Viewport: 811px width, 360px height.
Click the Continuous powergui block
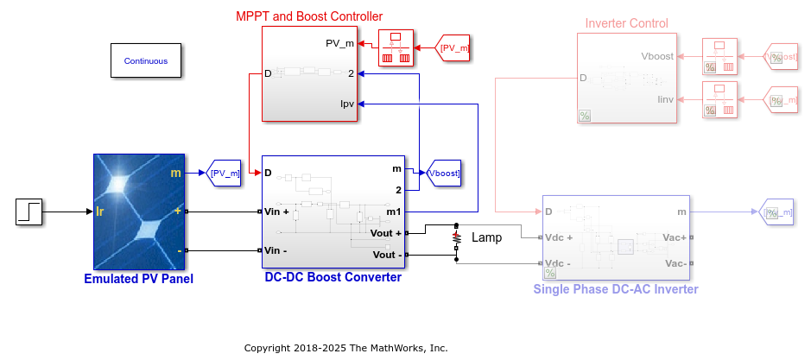pyautogui.click(x=145, y=61)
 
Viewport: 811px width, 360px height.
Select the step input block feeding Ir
pyautogui.click(x=29, y=212)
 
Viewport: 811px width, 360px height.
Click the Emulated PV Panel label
pyautogui.click(x=138, y=279)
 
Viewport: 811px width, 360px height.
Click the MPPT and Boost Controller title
pyautogui.click(x=309, y=16)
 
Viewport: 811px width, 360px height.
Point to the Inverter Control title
pyautogui.click(x=626, y=23)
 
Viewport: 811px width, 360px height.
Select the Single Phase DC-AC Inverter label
pyautogui.click(x=616, y=289)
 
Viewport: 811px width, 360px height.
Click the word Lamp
pyautogui.click(x=485, y=237)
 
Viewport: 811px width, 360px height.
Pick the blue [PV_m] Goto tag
pyautogui.click(x=225, y=174)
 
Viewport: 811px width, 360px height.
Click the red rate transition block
pyautogui.click(x=396, y=48)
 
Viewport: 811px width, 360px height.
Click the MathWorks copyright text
pyautogui.click(x=345, y=348)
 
